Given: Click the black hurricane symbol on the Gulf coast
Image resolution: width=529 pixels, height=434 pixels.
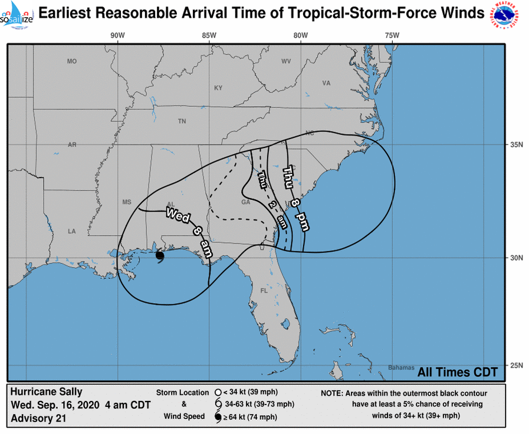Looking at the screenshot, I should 160,255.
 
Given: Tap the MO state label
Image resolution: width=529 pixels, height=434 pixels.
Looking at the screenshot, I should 72,61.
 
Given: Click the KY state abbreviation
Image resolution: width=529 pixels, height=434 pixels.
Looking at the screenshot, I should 218,88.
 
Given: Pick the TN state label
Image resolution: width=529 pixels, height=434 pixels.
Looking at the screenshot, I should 182,121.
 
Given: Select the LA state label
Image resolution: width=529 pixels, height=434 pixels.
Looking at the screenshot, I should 72,231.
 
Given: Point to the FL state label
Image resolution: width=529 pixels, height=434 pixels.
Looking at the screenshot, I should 265,291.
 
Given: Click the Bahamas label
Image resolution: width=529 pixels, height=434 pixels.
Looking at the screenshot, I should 401,367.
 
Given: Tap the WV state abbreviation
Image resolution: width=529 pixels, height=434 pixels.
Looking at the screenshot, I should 286,61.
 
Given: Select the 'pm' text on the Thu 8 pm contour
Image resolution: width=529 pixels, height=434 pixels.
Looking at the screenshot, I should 303,221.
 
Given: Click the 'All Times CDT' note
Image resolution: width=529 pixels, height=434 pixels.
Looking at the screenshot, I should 458,372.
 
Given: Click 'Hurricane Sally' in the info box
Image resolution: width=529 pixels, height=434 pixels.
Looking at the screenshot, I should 47,392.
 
